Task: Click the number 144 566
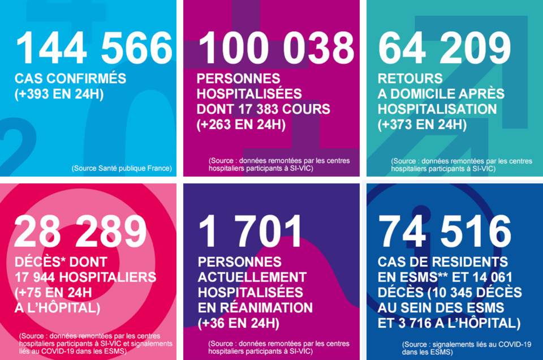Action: (94, 48)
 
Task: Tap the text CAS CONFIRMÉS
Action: (70, 79)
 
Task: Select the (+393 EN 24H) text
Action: (59, 94)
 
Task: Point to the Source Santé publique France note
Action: (122, 169)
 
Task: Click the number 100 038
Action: (276, 48)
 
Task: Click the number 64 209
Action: (444, 48)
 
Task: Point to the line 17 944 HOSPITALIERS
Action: (85, 277)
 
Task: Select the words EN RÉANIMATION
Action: (255, 308)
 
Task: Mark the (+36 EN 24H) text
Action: (238, 323)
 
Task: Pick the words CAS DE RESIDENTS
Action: (443, 262)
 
